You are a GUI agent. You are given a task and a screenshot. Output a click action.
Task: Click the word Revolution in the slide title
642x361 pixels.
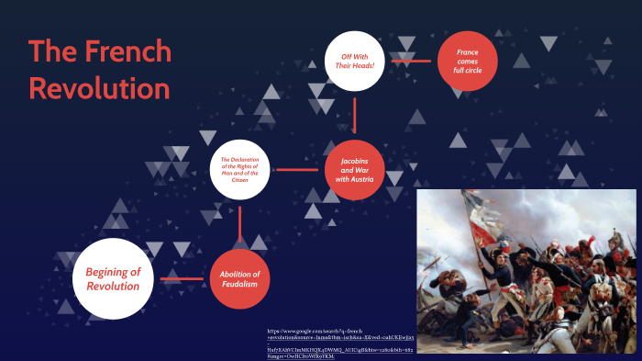coord(99,89)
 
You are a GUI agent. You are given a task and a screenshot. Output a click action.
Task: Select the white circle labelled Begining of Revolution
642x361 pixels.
coord(113,278)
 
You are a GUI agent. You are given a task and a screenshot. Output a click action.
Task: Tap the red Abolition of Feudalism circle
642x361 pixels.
coord(239,278)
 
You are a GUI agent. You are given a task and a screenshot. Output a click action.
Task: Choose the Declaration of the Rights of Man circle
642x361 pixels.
coord(239,169)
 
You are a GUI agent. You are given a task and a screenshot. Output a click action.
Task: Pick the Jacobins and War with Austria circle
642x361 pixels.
coord(354,170)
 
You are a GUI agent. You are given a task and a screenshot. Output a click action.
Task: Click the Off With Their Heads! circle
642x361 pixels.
coord(354,62)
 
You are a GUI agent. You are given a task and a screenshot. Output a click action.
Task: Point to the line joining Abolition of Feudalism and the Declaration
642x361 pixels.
coord(239,225)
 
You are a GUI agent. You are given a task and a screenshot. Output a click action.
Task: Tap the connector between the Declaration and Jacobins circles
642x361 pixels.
coord(296,170)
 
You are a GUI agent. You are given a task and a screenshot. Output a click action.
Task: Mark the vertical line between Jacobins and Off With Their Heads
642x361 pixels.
coord(354,115)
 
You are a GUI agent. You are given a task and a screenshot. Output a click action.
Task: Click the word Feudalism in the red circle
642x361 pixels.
coord(239,285)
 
